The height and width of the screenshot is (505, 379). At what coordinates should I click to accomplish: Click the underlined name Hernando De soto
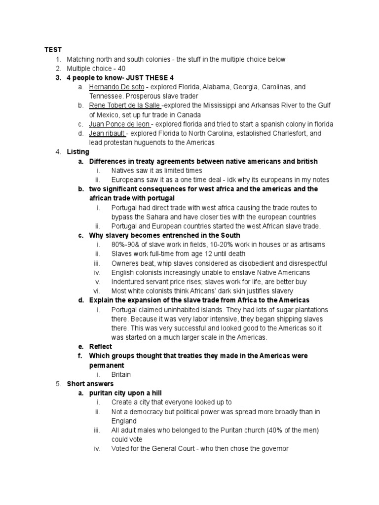[x=116, y=87]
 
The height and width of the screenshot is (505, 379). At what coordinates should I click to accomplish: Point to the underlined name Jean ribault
[x=107, y=133]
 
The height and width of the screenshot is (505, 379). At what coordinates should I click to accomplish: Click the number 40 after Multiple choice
[x=122, y=69]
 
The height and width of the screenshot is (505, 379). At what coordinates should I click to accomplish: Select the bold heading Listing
[x=78, y=152]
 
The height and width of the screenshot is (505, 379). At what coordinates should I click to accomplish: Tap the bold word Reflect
[x=101, y=347]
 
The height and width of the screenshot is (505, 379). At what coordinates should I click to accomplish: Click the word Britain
[x=121, y=374]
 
